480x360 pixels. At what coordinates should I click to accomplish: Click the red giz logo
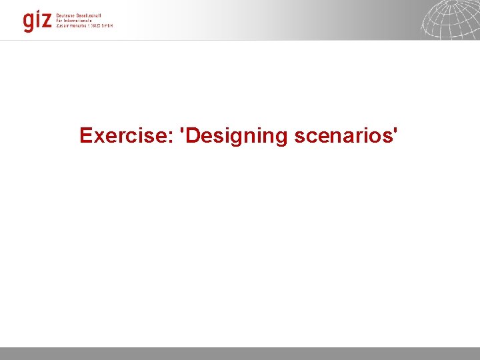[x=37, y=21]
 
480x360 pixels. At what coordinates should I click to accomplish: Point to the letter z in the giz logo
[x=45, y=21]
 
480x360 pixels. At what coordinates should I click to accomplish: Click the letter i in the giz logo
[x=37, y=20]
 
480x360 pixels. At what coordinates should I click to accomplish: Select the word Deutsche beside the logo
[x=67, y=15]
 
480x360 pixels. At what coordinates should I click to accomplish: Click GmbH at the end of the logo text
[x=107, y=25]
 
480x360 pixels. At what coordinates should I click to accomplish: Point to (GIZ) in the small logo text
[x=95, y=25]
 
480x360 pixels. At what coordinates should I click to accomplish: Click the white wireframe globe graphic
[x=450, y=19]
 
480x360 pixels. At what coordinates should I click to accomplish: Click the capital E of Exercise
[x=85, y=135]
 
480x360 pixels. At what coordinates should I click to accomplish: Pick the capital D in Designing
[x=194, y=135]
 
